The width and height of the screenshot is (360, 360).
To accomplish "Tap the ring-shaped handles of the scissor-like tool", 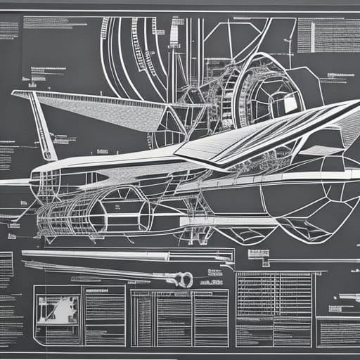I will pyautogui.click(x=184, y=280).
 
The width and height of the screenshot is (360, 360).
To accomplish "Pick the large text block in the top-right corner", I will pyautogui.click(x=324, y=35).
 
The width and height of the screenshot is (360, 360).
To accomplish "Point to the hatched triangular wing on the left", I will pyautogui.click(x=105, y=112).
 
